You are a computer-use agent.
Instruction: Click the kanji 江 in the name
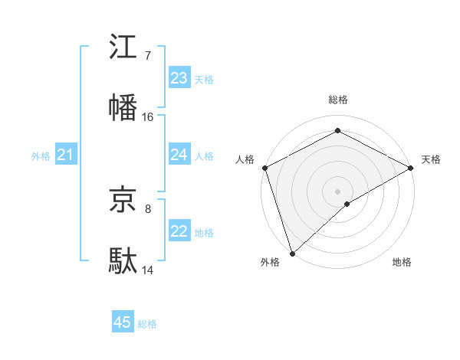[123, 47]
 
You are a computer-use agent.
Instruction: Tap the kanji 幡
[123, 108]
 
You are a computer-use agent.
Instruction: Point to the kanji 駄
[123, 261]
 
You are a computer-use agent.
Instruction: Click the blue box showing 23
[179, 78]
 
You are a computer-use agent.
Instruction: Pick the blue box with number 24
[179, 155]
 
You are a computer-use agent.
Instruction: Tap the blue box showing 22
[179, 231]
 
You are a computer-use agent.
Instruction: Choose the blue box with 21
[66, 155]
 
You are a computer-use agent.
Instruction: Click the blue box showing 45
[123, 322]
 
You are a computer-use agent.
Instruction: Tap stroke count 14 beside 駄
[147, 270]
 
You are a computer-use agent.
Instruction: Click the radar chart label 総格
[338, 100]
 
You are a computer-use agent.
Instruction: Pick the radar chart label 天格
[431, 159]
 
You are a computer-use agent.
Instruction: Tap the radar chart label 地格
[402, 263]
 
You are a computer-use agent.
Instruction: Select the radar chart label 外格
[271, 263]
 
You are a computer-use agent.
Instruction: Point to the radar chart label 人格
[245, 159]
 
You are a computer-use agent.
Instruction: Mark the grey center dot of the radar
[337, 191]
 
